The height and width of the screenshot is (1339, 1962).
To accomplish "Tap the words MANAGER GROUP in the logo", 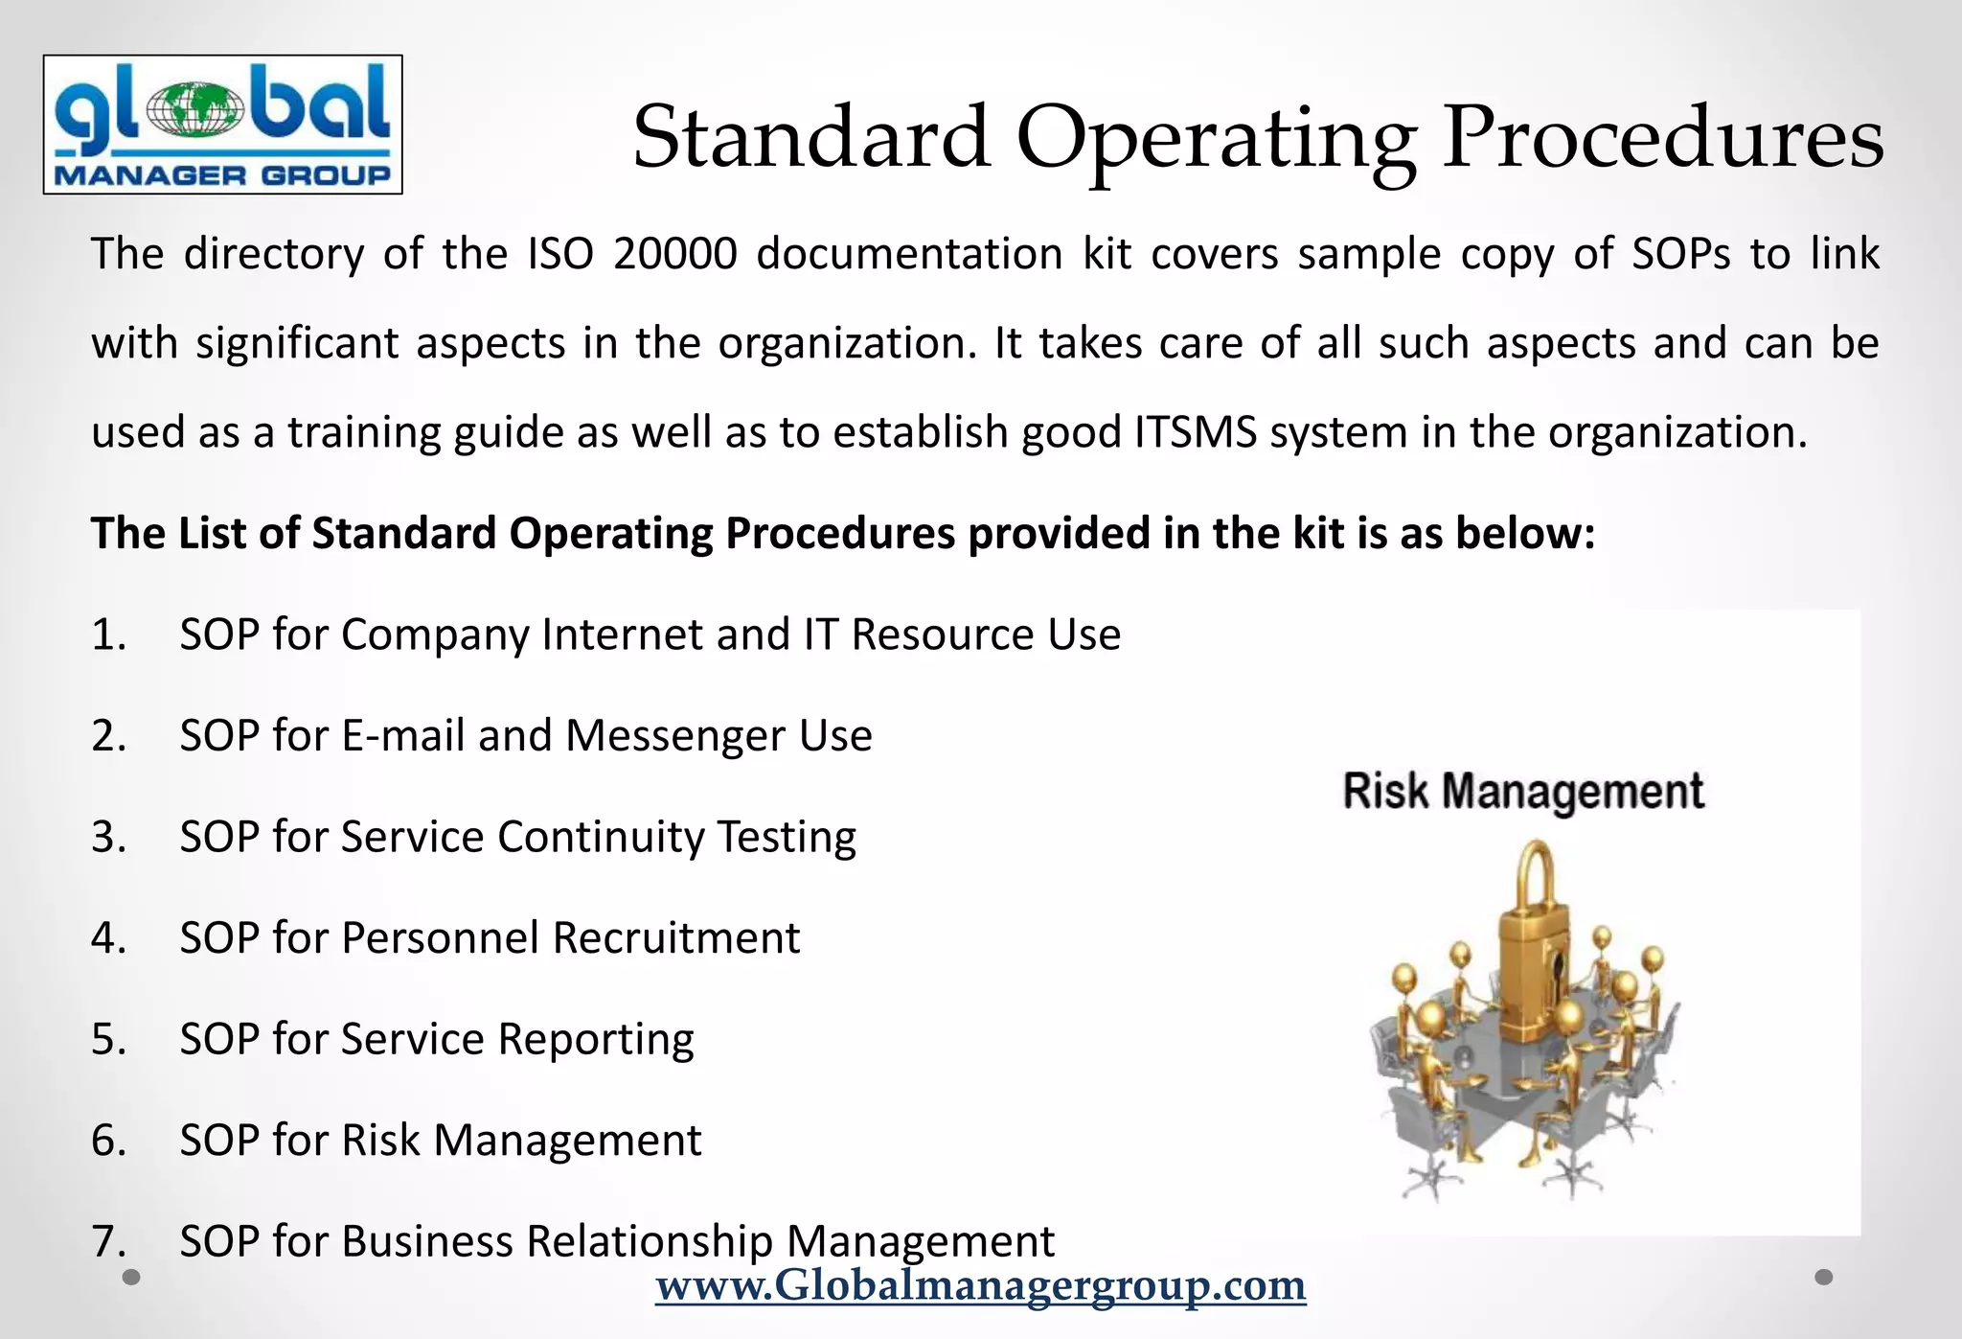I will pos(222,174).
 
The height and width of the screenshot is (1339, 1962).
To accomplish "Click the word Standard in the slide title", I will pos(810,137).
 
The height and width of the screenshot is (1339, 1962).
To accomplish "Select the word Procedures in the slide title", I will pos(1663,137).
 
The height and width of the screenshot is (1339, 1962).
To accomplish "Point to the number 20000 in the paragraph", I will pos(674,254).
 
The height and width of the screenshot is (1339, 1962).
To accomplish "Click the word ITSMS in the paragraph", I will pos(1195,432).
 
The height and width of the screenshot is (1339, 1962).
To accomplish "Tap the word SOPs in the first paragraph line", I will pos(1681,254).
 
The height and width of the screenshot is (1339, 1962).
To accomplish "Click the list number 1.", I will pos(108,635).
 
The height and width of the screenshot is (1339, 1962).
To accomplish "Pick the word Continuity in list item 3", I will pos(601,837).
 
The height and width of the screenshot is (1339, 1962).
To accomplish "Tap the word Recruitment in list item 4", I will pos(675,938).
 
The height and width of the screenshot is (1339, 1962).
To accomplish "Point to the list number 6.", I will pos(108,1141).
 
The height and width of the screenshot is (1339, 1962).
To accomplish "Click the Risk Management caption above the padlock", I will pos(1522,792).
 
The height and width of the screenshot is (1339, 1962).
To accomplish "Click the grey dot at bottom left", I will pos(132,1277).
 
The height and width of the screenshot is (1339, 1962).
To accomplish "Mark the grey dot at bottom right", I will pos(1824,1277).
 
